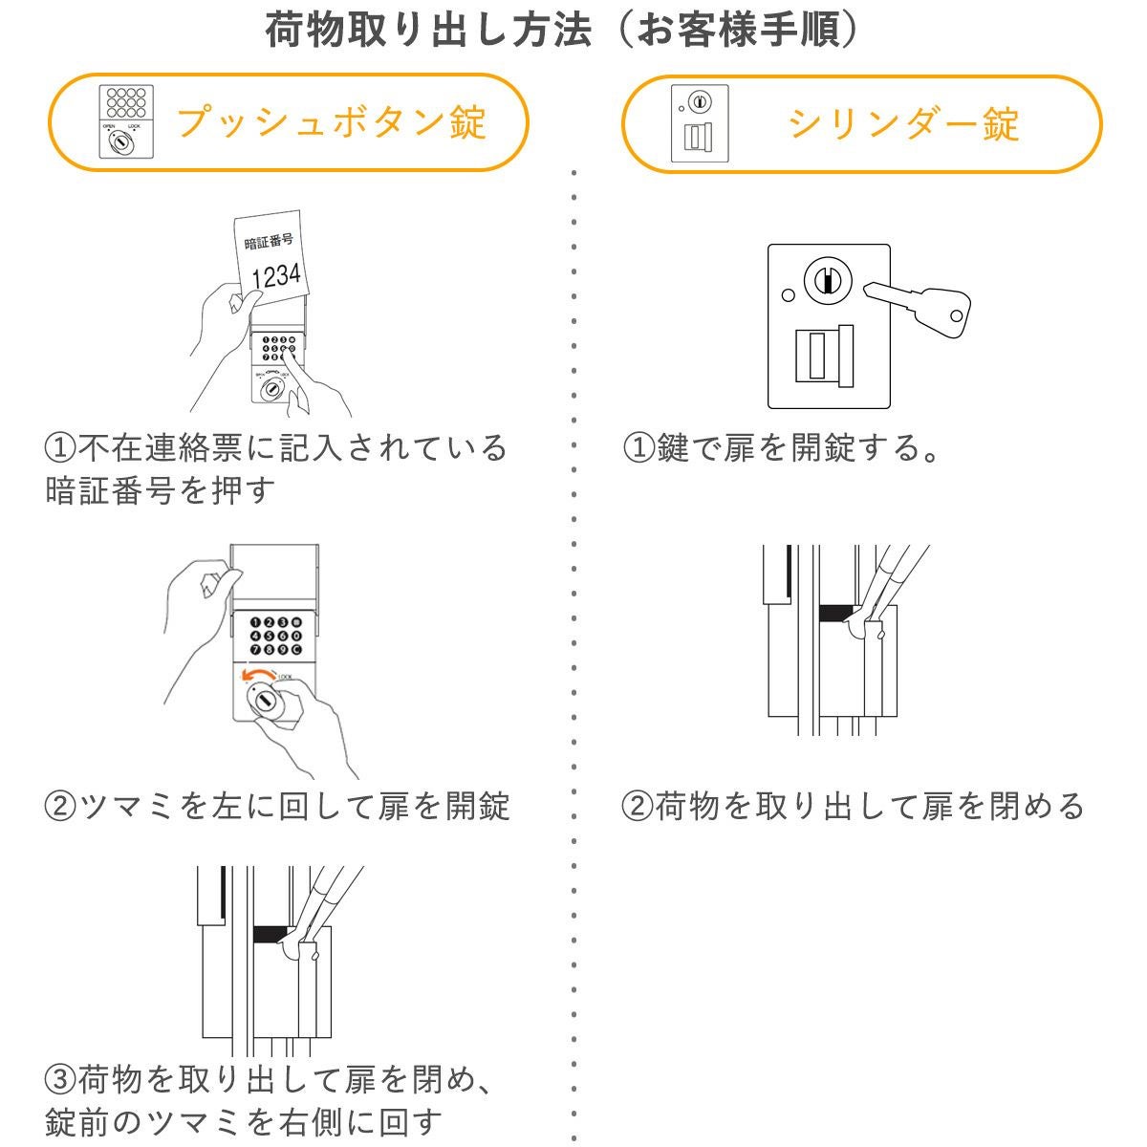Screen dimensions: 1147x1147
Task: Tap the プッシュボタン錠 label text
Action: click(332, 123)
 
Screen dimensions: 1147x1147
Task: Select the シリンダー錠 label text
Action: click(903, 123)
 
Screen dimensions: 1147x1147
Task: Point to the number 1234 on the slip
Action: click(275, 276)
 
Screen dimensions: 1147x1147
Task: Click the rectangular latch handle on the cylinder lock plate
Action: click(823, 357)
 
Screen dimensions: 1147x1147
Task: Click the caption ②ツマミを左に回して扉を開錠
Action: click(277, 806)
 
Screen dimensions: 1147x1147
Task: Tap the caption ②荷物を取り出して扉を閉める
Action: click(853, 806)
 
